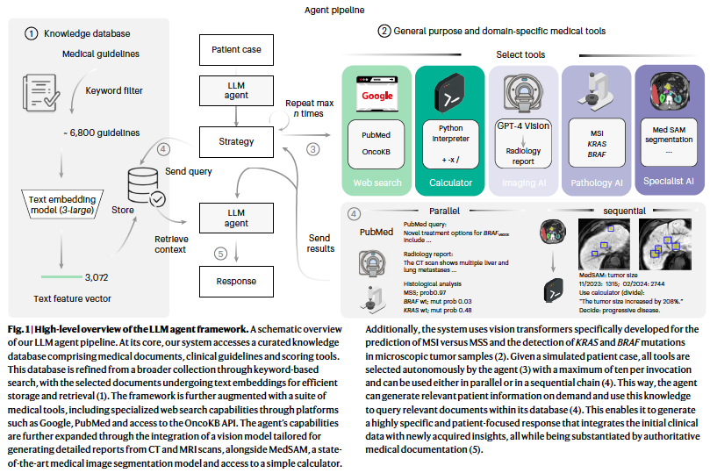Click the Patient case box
236,50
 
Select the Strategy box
236,140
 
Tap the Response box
236,281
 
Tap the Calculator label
450,183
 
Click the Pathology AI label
597,183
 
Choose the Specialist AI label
669,183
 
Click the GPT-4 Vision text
523,125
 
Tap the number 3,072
96,277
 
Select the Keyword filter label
113,90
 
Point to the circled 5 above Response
221,254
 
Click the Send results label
319,243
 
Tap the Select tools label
520,54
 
